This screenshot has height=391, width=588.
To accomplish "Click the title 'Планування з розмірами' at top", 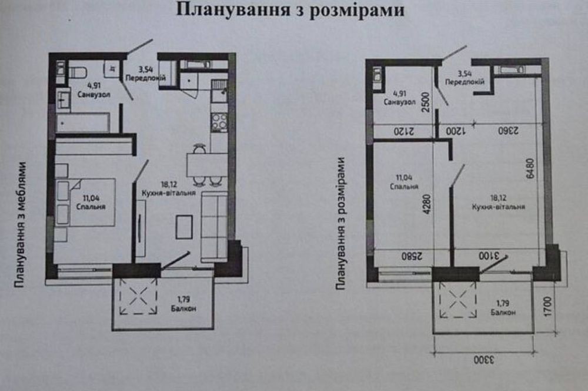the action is (290, 10).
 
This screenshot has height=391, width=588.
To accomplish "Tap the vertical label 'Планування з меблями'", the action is (20, 224).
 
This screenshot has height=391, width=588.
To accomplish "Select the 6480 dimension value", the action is (530, 168).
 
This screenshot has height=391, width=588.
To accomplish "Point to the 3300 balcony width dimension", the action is (484, 360).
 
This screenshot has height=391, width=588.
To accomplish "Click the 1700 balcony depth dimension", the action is (547, 306).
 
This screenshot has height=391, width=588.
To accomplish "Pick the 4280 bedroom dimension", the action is (426, 204).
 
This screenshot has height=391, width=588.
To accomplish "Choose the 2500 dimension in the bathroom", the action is (426, 102).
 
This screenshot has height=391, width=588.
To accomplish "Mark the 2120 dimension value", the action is (403, 131).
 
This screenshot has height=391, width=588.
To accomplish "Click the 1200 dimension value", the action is (455, 131).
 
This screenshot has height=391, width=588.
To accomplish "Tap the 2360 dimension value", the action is (508, 131).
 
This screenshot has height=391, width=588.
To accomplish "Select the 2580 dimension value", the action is (412, 256).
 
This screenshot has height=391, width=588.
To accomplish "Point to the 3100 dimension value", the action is (489, 256).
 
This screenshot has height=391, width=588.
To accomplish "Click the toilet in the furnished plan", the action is (78, 72).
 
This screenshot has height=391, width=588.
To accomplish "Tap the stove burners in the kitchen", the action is (219, 122).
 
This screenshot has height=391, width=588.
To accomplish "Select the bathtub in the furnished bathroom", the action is (83, 122).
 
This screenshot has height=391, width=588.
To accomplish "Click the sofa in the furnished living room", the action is (214, 227).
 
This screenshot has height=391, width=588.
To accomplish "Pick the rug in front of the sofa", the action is (184, 227).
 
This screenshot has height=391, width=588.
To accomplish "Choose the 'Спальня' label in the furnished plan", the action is (91, 207).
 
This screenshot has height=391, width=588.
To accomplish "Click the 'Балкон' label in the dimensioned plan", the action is (503, 312).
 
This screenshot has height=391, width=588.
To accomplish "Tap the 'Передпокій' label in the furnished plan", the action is (145, 78).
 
